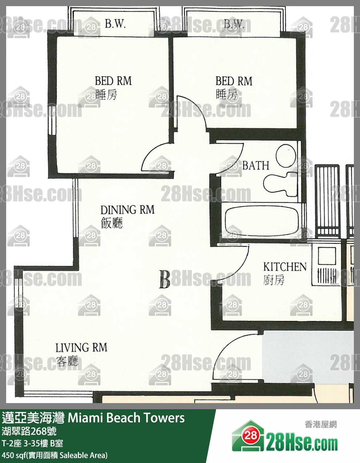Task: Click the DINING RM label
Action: (127, 210)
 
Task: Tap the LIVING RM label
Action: (81, 348)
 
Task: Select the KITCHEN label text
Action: (285, 267)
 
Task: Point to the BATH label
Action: (255, 166)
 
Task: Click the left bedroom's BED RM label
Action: (113, 81)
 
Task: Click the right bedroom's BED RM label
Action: (234, 81)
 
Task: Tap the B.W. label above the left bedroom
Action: (115, 24)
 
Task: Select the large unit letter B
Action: (164, 279)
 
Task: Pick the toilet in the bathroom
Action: (279, 184)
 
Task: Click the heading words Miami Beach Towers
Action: (126, 418)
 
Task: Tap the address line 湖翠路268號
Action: (29, 431)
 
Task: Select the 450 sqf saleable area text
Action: (55, 455)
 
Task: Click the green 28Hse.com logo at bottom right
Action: (285, 437)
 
